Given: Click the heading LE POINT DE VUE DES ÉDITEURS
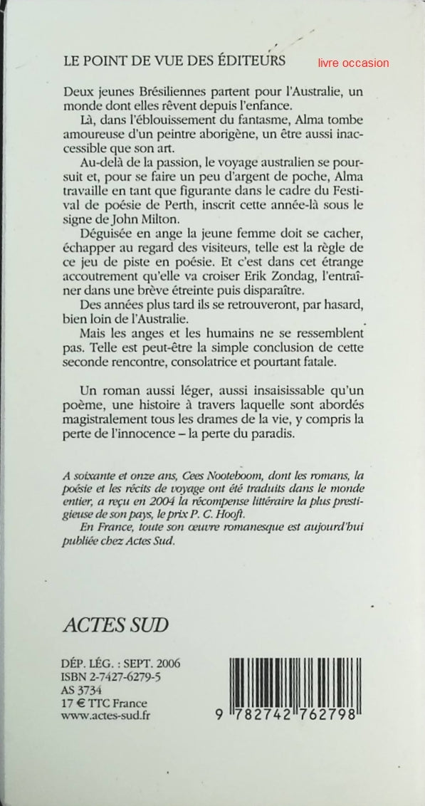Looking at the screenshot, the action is pos(174,61).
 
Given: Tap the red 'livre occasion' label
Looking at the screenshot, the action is pos(355,63).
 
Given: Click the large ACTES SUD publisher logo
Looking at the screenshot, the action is pos(117,624).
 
